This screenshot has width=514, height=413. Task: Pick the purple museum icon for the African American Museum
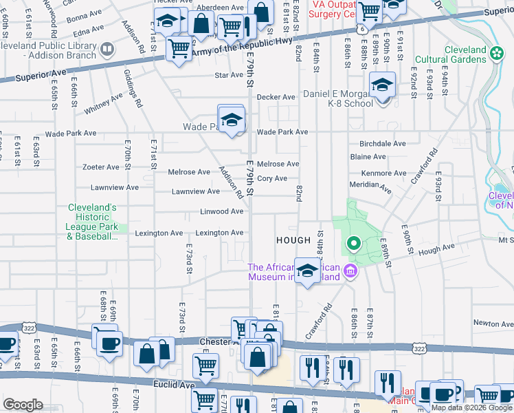click(350, 271)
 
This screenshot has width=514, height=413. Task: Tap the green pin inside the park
click(354, 243)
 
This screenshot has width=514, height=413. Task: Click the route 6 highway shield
click(361, 31)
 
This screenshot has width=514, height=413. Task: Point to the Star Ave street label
click(229, 75)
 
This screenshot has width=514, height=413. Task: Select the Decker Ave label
click(276, 97)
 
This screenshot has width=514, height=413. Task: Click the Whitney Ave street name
click(103, 103)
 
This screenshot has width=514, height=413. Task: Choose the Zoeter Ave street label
click(100, 167)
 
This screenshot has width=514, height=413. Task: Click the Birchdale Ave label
click(383, 144)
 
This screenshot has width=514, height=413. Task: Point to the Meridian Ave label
click(371, 187)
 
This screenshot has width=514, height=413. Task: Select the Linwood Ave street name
click(222, 211)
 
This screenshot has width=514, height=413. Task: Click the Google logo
click(23, 404)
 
